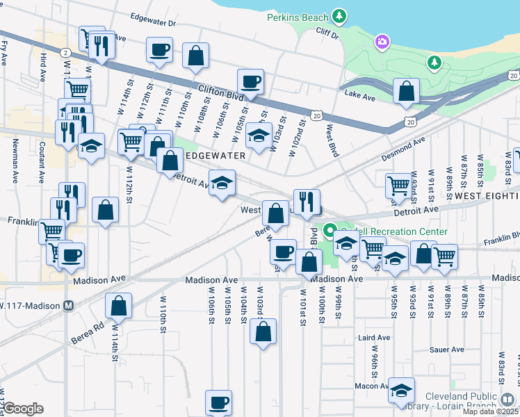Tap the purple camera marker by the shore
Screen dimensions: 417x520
[382, 44]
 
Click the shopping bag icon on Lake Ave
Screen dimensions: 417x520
[406, 91]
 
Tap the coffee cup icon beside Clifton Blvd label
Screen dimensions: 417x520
[250, 81]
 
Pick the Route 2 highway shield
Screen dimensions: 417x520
[64, 52]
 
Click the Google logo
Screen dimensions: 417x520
[24, 409]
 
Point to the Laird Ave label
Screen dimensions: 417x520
[371, 337]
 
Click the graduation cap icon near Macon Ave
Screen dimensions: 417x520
[401, 390]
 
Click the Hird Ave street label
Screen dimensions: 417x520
[44, 67]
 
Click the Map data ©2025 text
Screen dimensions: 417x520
[490, 411]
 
